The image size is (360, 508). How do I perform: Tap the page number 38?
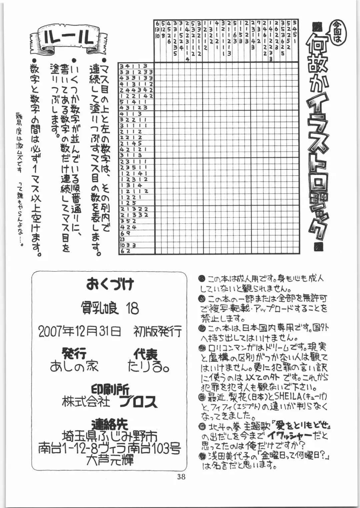coord(181,477)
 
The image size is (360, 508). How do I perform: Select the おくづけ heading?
coord(110,284)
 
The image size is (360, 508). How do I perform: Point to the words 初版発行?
coord(158,331)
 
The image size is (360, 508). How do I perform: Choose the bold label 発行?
coord(74,353)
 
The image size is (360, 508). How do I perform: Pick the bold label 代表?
coord(145,354)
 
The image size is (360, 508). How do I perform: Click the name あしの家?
coord(74,366)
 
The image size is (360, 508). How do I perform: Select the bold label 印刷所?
coord(110,389)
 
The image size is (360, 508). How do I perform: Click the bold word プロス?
coord(138,402)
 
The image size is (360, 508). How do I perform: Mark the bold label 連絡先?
coord(110,424)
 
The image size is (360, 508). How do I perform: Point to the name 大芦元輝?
coord(110,460)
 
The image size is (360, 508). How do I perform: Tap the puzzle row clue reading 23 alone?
coord(122,239)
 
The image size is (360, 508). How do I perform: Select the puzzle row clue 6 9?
coord(125,233)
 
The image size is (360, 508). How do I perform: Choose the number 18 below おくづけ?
coord(132,308)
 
